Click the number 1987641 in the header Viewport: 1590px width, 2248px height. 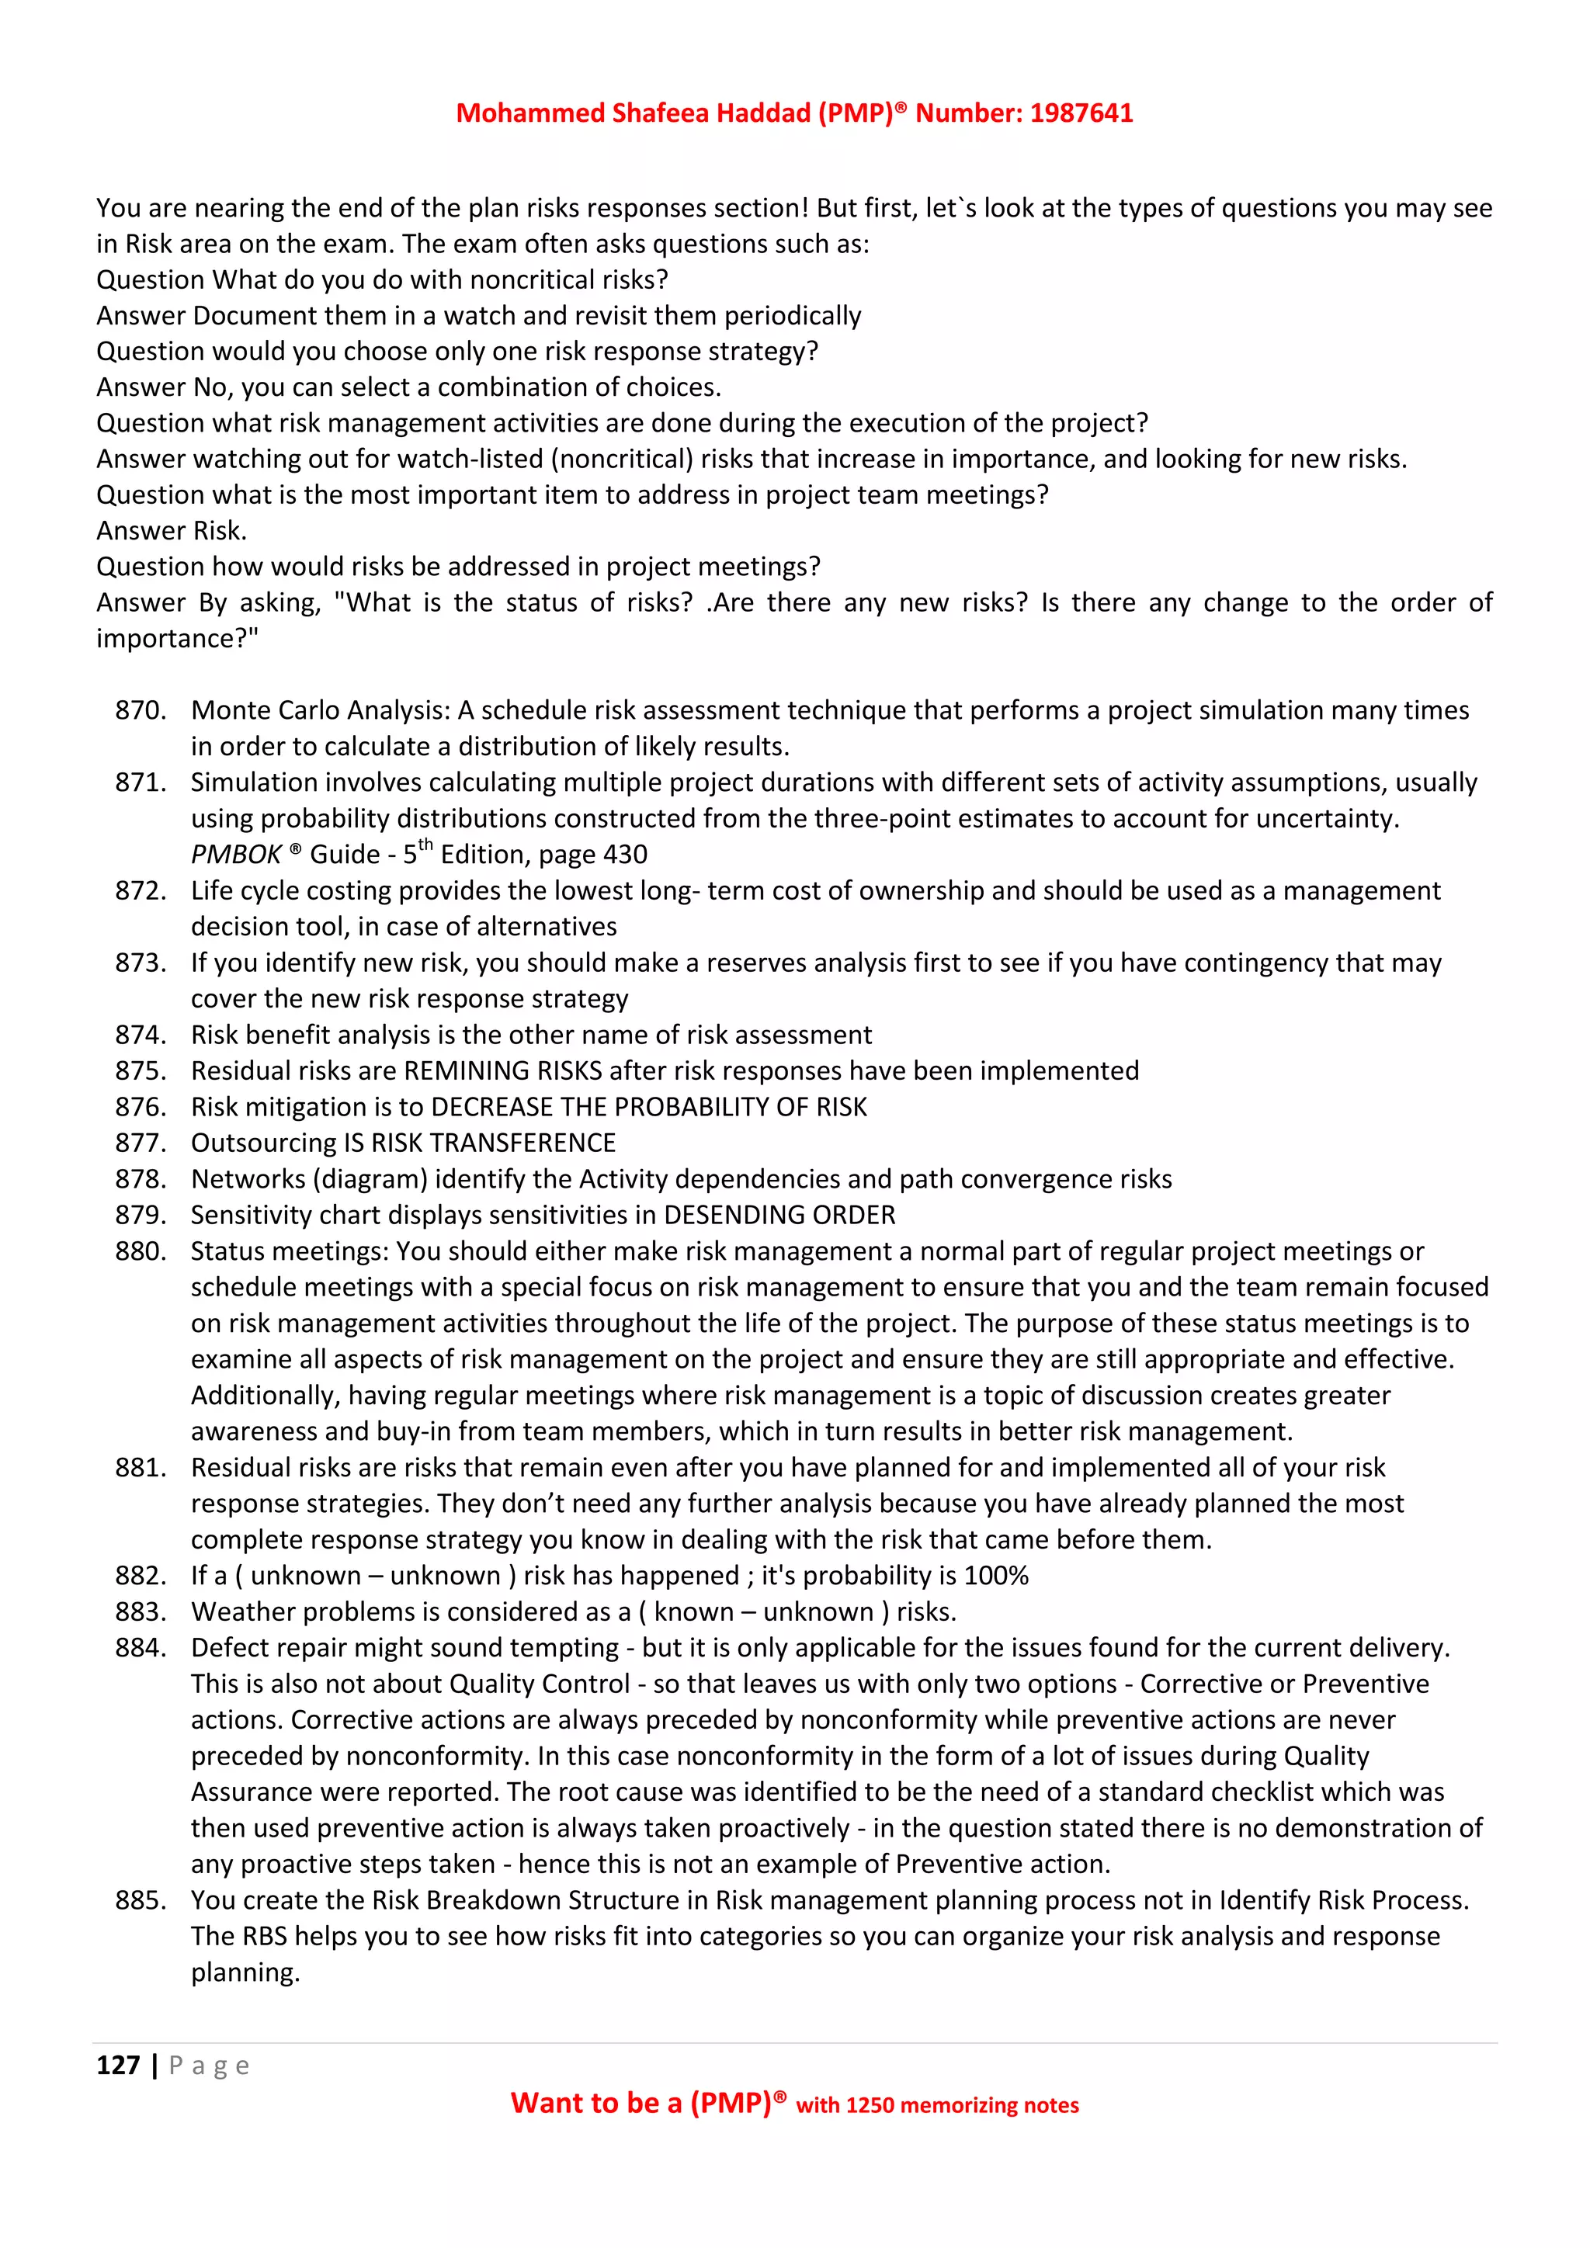click(1081, 113)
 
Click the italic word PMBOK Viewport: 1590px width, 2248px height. click(236, 855)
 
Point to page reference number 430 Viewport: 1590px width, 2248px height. click(625, 855)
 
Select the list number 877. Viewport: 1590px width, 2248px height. click(140, 1143)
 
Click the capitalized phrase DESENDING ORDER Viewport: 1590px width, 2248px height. click(779, 1215)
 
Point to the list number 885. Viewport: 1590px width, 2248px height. click(140, 1900)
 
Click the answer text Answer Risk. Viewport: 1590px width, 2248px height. click(172, 531)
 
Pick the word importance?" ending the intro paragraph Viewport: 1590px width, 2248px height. click(177, 638)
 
